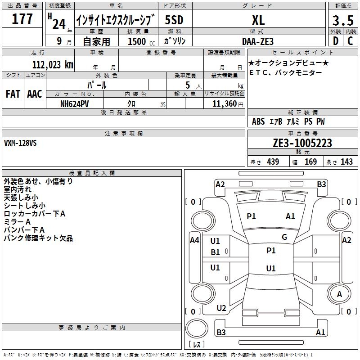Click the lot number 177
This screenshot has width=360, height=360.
22,19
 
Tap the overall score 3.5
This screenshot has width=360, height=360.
343,21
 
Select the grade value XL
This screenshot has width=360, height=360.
258,20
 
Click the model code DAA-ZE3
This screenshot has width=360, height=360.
258,41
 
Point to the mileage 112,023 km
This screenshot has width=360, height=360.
53,65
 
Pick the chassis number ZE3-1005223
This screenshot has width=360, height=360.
302,143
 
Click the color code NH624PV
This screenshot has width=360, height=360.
74,104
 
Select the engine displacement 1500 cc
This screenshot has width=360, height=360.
141,41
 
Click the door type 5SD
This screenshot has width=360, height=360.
174,20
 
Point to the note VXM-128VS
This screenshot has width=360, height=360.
20,143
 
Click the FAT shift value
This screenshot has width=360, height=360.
13,94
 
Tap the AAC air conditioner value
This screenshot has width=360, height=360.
35,94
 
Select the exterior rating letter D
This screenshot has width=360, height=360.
336,41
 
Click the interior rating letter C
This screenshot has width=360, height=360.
350,41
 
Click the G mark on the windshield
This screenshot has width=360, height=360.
284,237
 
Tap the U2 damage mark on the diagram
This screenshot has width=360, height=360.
221,308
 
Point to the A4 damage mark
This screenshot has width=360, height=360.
194,240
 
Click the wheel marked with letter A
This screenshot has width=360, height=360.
339,294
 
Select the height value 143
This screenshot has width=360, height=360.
346,162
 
